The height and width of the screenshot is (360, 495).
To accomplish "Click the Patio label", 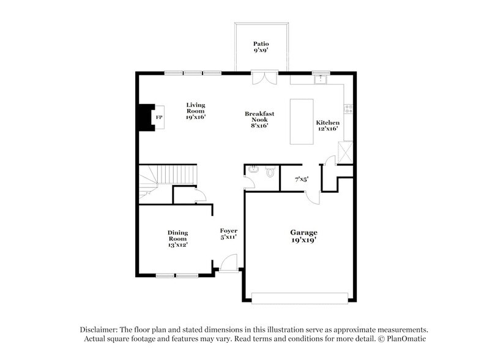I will click(261, 48).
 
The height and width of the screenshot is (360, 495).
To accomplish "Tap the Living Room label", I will click(196, 110).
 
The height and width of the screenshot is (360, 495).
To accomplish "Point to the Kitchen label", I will click(327, 126).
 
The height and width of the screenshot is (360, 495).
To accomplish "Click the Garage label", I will click(303, 236).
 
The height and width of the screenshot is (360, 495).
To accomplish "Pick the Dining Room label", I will click(177, 238).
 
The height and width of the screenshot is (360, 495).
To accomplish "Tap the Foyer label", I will click(229, 233).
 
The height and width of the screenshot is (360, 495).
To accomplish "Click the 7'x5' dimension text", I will click(301, 179).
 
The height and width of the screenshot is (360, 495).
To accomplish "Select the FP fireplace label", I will click(159, 117).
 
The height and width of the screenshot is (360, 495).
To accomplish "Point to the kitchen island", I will click(300, 121).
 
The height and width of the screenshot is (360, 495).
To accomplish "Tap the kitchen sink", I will click(321, 78).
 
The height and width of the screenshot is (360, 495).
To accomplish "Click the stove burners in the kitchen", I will click(348, 108).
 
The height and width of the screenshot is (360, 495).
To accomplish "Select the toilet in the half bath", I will click(270, 172).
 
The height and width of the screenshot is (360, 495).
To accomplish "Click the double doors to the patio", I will click(264, 78).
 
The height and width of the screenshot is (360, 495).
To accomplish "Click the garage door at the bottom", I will click(299, 298).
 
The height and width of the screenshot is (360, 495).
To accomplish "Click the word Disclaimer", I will click(100, 329).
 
